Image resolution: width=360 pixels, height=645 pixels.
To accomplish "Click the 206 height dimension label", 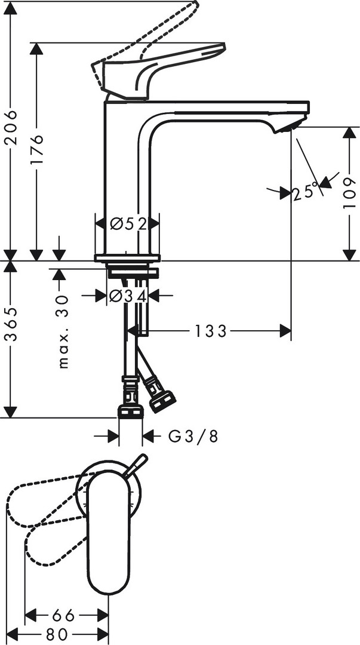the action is tap(11, 127).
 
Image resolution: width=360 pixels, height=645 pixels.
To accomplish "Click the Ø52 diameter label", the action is tap(128, 223).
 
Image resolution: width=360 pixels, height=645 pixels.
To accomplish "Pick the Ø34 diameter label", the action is tap(128, 296).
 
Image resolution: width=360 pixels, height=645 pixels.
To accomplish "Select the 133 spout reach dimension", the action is tap(210, 330).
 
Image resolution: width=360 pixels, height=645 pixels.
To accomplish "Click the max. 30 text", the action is tap(63, 331).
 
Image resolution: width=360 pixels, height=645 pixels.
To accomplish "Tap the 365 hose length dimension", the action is tap(11, 324).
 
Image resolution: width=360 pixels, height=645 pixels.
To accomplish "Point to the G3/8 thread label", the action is tap(193, 437).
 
